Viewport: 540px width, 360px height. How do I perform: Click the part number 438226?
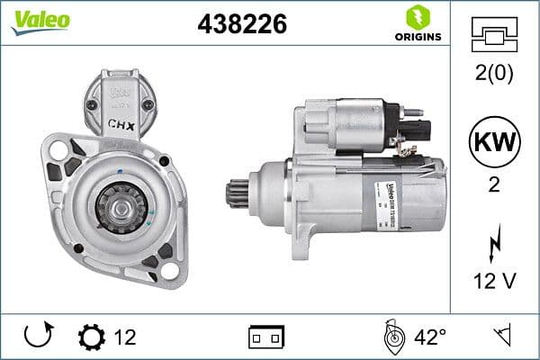coord(241,24)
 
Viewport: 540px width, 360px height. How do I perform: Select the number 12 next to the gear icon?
coord(126,337)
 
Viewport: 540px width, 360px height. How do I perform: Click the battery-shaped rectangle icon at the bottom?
coord(265,337)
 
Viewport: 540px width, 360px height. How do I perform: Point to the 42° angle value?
coord(429,337)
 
